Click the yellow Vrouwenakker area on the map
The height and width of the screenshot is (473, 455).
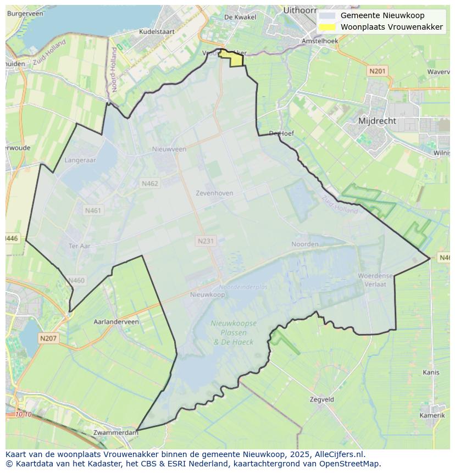click(235, 58)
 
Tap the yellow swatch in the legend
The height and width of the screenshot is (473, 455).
click(328, 27)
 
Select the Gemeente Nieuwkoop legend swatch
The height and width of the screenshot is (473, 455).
click(328, 15)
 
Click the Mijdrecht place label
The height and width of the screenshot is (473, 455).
click(377, 120)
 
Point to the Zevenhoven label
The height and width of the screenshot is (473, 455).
click(214, 193)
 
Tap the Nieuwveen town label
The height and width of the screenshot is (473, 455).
click(169, 149)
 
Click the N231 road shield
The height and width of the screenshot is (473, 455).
click(206, 241)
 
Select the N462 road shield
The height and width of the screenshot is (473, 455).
click(149, 184)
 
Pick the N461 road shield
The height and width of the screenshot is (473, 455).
click(93, 210)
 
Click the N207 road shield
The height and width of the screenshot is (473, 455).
click(48, 338)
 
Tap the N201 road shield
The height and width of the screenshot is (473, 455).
click(378, 71)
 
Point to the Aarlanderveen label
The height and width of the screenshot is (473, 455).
click(116, 322)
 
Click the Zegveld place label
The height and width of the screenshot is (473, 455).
click(321, 400)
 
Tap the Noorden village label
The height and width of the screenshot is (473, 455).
click(305, 244)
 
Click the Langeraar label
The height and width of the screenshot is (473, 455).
click(80, 160)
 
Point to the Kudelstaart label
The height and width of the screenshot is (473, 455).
click(156, 32)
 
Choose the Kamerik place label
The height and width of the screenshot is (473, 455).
click(431, 415)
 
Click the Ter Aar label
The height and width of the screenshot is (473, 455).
click(79, 246)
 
